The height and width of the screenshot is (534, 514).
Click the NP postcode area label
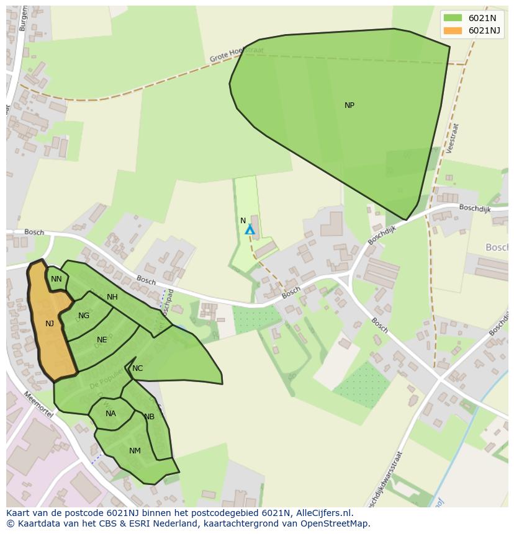pos(349,105)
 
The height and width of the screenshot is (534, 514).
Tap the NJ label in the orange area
pos(50,323)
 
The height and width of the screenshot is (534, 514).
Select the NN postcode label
pos(56,279)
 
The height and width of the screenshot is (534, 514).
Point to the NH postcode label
pos(112,297)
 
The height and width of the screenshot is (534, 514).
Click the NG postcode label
pos(84,316)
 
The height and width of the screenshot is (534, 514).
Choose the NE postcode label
pos(102,340)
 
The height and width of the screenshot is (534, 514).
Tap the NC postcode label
pos(138,368)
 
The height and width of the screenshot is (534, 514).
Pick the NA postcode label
pos(110,414)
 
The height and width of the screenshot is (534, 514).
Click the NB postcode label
pos(149,417)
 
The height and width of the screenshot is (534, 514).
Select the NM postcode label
pos(135,451)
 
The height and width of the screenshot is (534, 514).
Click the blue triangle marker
pos(250,230)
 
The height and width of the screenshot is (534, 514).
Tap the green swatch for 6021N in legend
pos(453,18)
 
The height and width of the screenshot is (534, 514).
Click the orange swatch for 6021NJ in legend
pos(453,30)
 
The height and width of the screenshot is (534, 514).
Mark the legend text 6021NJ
pos(484,30)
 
